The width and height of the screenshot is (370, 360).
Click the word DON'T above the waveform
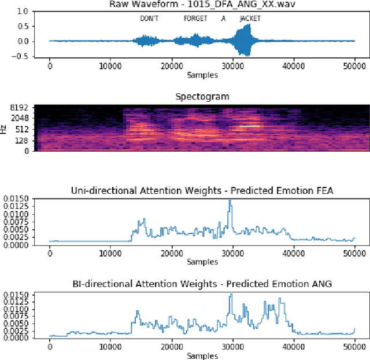149,19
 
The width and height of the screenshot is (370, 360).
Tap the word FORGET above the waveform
195,19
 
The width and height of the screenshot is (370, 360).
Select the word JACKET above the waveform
250,19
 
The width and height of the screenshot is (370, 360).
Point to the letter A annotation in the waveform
223,19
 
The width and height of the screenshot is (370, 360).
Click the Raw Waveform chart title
201,5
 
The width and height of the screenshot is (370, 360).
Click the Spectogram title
202,96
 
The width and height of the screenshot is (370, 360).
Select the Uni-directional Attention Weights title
202,190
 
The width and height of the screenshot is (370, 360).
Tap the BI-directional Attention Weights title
202,284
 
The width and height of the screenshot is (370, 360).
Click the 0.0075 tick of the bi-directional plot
14,316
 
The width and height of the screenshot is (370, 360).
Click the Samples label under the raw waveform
202,76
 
